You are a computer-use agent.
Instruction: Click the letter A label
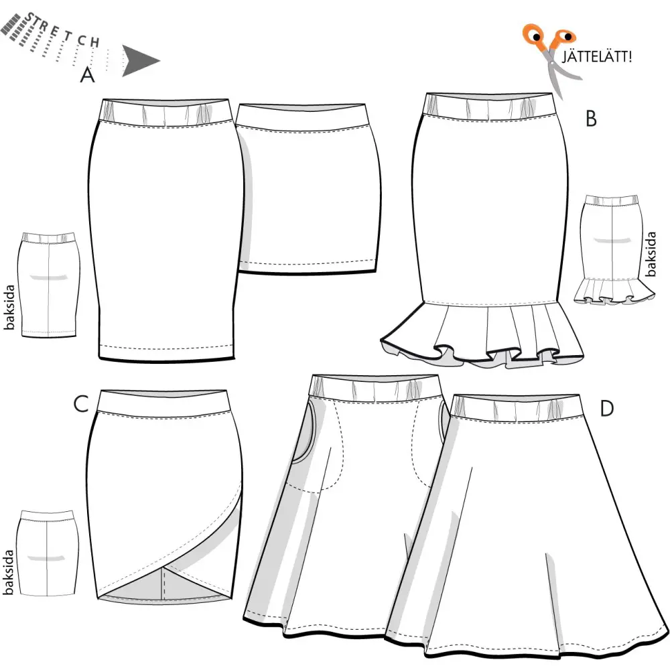tap(87, 74)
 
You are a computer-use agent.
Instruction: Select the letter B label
tap(591, 119)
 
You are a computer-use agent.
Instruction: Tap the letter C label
tap(81, 404)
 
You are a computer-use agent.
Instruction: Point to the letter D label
tap(607, 409)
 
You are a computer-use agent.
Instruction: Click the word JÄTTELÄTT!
tap(596, 56)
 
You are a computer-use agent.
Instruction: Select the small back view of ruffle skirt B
tap(614, 250)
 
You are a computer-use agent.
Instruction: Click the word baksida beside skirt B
tap(650, 254)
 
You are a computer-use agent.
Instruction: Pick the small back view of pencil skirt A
tap(48, 285)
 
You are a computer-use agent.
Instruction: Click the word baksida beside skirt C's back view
tap(8, 572)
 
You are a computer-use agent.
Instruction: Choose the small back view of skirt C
tap(48, 553)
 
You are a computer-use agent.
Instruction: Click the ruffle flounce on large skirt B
tap(482, 333)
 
